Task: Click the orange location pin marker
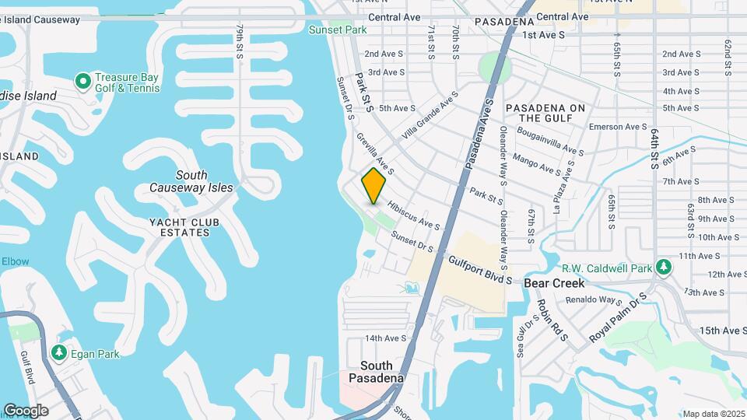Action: (x=374, y=185)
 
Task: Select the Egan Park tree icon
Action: (x=59, y=353)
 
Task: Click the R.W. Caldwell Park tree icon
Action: (x=663, y=268)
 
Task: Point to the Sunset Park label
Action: (x=337, y=30)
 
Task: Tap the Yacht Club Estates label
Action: (x=185, y=227)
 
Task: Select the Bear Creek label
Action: (x=554, y=283)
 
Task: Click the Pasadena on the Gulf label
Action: (x=545, y=113)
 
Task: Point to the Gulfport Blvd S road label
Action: (x=480, y=269)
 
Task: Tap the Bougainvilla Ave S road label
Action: (x=554, y=143)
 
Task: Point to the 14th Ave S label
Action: (x=386, y=338)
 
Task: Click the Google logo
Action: (x=25, y=410)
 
